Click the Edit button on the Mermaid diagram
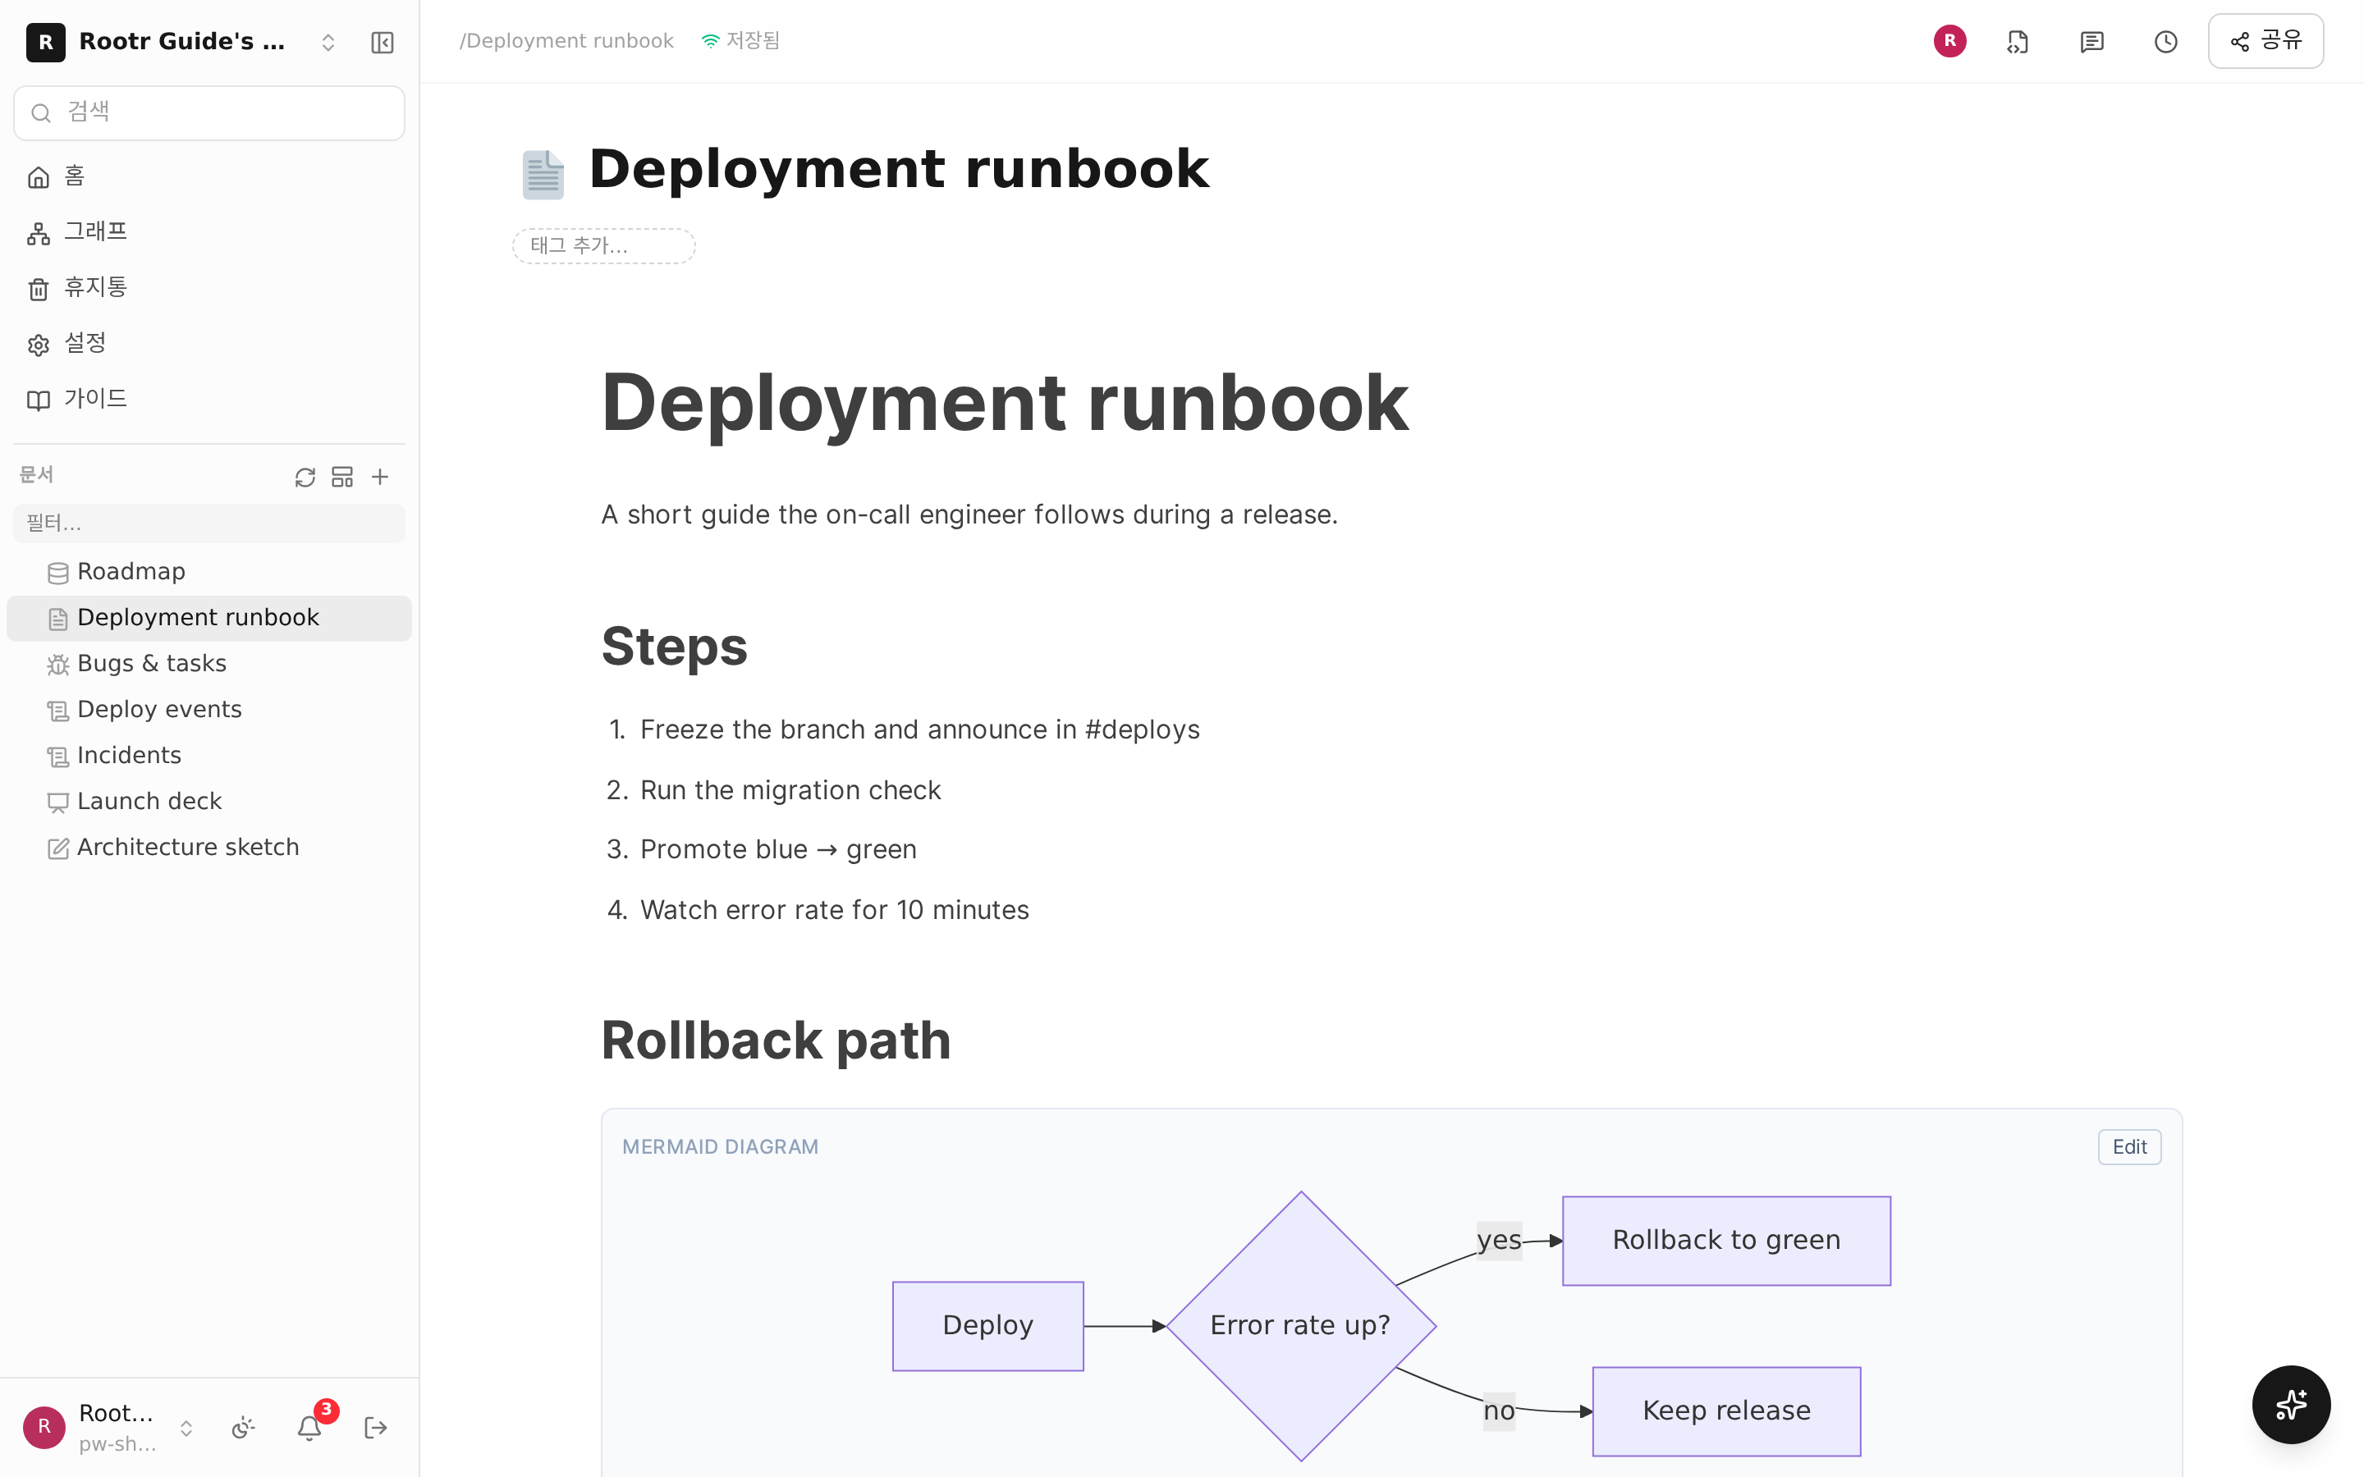(2128, 1147)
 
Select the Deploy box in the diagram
(987, 1325)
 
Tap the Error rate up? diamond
(1300, 1325)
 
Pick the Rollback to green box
(1726, 1241)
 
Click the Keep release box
(1726, 1411)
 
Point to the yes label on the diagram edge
(1499, 1241)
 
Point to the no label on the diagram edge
(1499, 1411)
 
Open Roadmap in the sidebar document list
(131, 571)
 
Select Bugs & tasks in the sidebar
(151, 663)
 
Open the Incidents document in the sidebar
(129, 755)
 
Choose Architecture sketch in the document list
(187, 847)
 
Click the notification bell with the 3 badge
(310, 1427)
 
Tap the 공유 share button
(2265, 41)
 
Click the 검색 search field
(209, 112)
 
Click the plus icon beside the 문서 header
(380, 477)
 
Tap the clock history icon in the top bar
(2165, 41)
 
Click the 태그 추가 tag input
(603, 245)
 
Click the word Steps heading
(674, 647)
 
